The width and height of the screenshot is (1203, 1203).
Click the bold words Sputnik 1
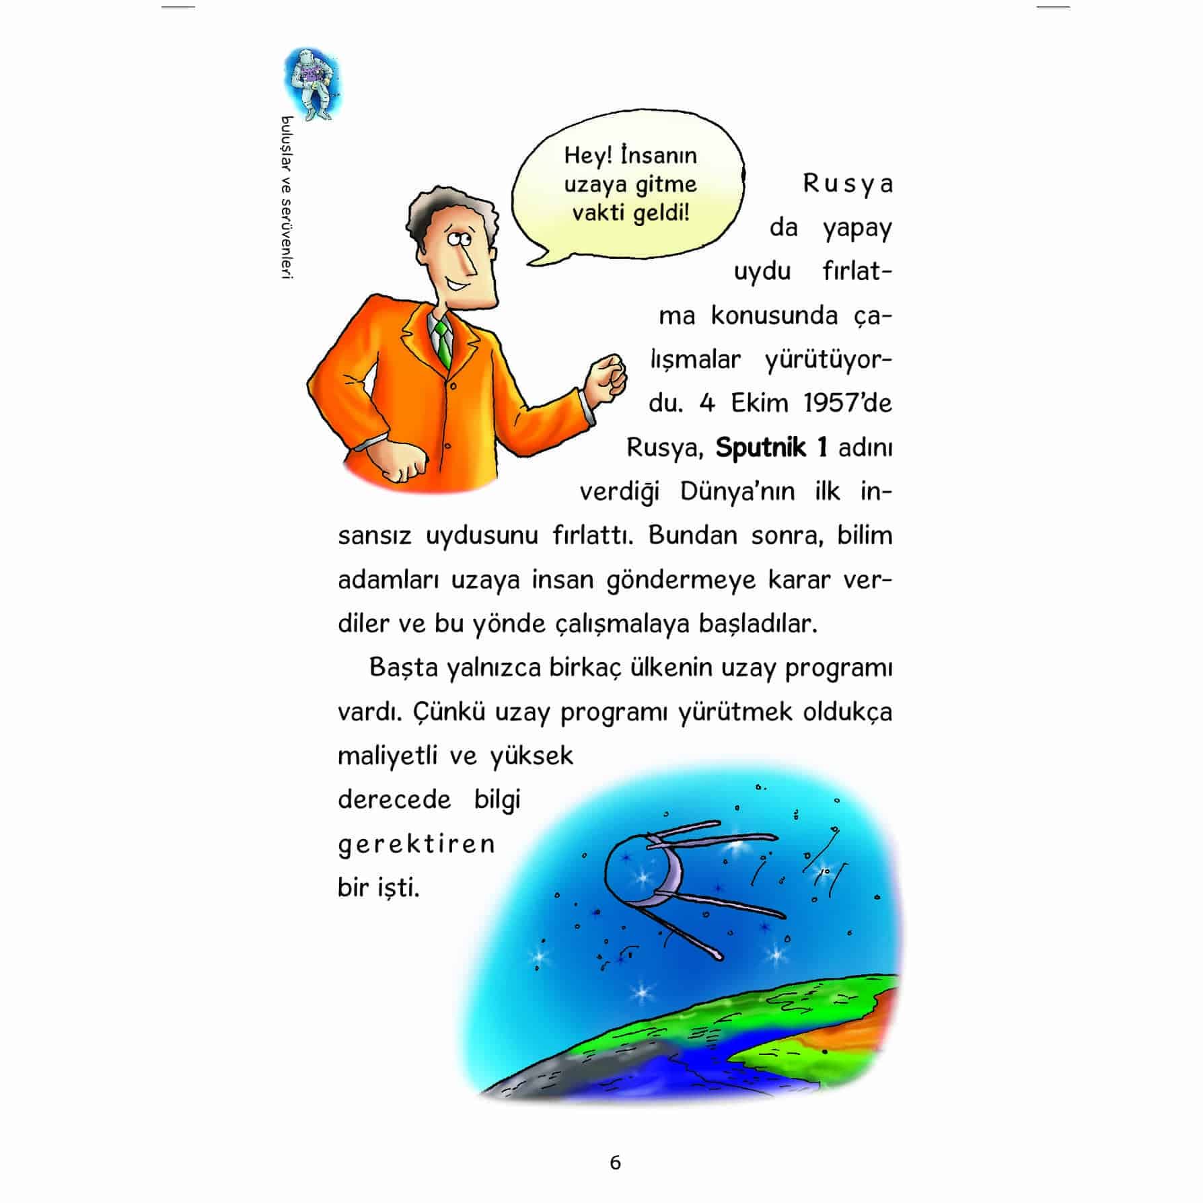(x=770, y=447)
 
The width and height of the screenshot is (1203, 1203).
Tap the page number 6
(x=615, y=1163)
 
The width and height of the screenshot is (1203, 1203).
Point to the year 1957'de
(x=848, y=403)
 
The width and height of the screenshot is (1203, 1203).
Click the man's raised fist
(x=608, y=377)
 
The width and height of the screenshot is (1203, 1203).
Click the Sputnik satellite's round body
(x=636, y=871)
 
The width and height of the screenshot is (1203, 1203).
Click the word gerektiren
(x=416, y=844)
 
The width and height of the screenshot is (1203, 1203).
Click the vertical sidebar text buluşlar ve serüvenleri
(x=288, y=198)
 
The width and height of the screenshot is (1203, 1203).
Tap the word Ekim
(x=759, y=403)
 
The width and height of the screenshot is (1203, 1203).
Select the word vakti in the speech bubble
(x=599, y=213)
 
